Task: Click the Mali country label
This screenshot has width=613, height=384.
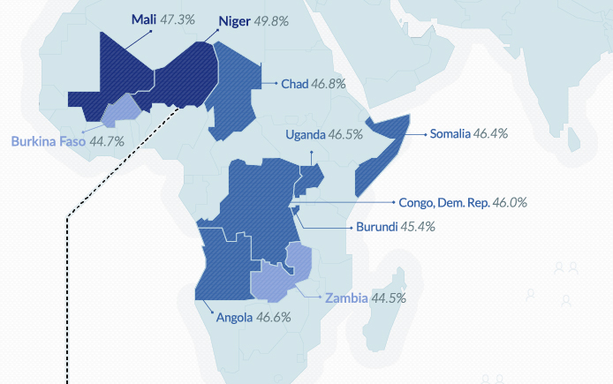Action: [x=143, y=19]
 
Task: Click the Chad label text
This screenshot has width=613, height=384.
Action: [x=294, y=84]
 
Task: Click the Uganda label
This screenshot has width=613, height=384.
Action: [x=306, y=135]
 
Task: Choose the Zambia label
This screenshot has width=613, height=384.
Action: [x=346, y=297]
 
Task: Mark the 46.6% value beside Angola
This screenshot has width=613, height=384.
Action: [x=274, y=318]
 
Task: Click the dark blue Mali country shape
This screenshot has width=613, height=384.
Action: [x=124, y=75]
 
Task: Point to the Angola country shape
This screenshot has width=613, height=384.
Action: [x=221, y=265]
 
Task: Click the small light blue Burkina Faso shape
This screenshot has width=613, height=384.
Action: [x=120, y=110]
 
